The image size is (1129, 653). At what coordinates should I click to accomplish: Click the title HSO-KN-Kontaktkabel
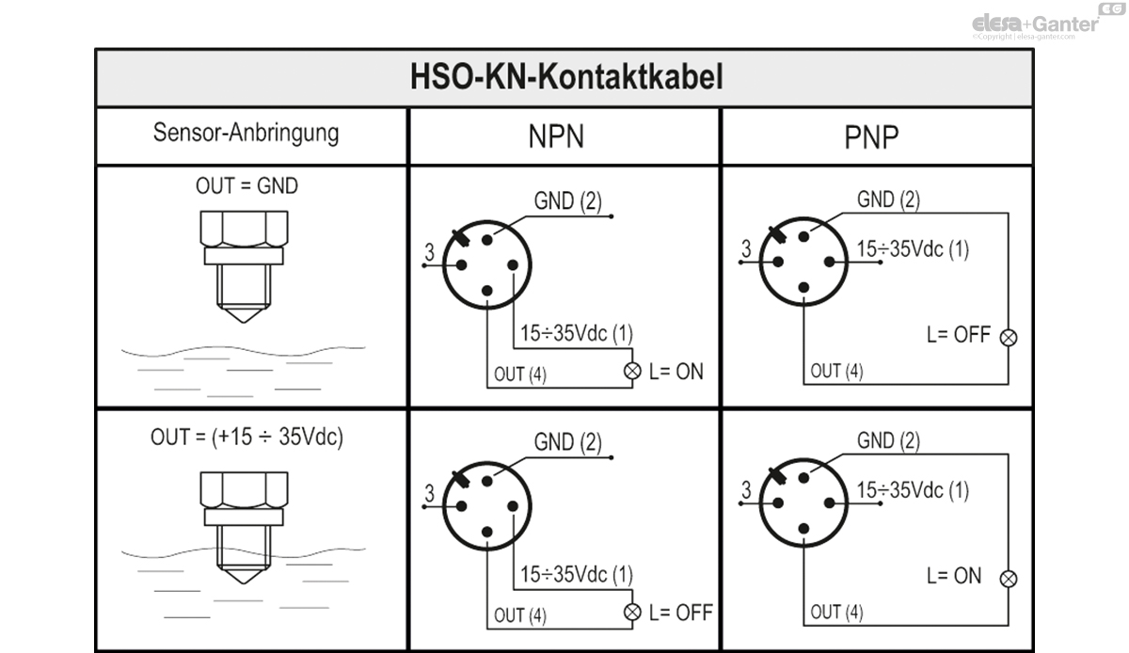point(566,77)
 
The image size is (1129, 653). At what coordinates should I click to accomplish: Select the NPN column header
point(556,136)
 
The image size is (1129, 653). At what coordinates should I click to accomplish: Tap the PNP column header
point(871,136)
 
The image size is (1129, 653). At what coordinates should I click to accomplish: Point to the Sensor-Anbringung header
point(246,133)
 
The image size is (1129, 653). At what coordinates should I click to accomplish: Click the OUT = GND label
point(246,186)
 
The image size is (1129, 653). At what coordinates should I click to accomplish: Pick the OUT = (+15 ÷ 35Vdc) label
point(246,438)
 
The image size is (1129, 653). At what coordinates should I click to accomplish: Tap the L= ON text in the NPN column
point(676,372)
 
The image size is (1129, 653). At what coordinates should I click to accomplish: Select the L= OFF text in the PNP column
point(959,335)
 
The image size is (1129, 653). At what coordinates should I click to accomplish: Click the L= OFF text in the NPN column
point(681,613)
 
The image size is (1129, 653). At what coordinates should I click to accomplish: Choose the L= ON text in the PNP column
point(954,576)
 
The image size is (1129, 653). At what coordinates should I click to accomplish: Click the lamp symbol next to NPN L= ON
point(632,371)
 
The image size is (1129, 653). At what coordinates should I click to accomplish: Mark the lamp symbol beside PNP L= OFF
point(1009,338)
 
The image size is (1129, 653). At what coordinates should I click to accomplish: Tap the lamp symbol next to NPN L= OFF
point(632,613)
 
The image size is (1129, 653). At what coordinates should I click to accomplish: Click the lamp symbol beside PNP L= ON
point(1009,579)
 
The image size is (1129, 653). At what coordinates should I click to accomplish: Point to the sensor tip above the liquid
point(244,314)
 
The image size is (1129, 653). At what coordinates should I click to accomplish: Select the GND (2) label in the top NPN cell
point(568,200)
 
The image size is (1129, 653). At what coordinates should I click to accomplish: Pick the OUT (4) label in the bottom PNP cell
point(836,613)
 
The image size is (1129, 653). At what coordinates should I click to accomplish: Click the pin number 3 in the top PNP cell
point(746,248)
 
